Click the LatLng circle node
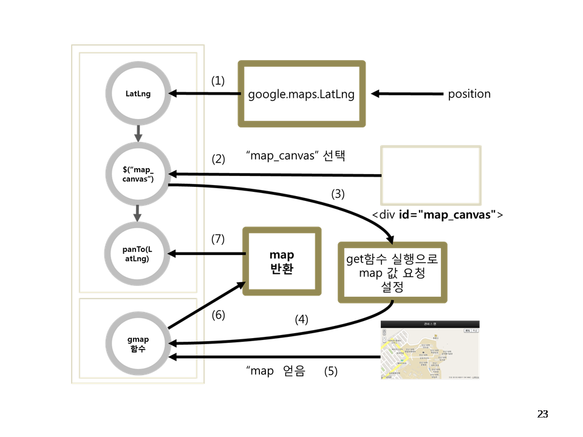point(138,94)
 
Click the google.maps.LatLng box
point(301,94)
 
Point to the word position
point(469,94)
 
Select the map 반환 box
point(281,261)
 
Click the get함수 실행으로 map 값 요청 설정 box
point(392,273)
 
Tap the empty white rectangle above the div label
point(431,175)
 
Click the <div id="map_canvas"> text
point(437,215)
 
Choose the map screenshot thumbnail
point(430,350)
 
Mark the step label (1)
point(218,80)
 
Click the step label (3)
point(338,195)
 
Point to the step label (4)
point(301,319)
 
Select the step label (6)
point(218,316)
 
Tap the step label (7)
point(218,239)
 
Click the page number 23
point(542,414)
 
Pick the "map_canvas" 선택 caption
point(296,155)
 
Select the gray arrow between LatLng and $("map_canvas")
point(138,133)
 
